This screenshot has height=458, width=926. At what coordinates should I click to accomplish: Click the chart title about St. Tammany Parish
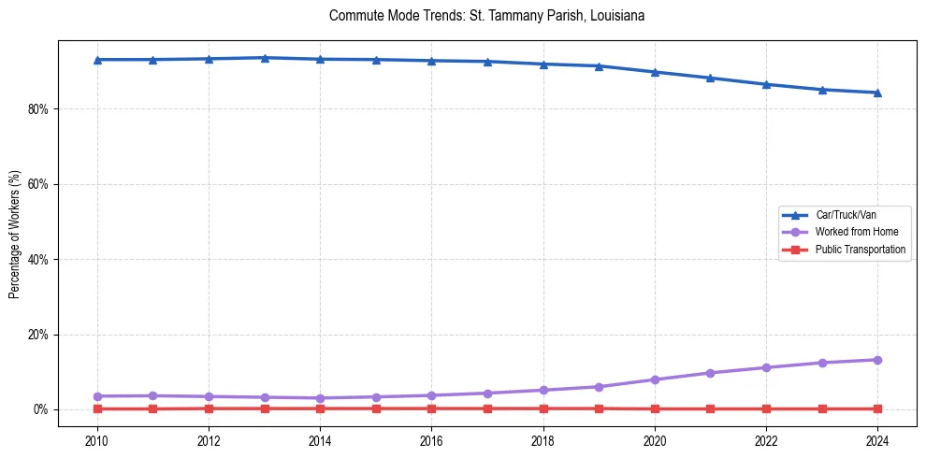(486, 16)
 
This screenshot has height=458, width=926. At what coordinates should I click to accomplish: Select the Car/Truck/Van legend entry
(846, 215)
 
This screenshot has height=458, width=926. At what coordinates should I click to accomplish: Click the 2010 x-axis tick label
(97, 440)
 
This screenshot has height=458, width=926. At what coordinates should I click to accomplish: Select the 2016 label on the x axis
(431, 440)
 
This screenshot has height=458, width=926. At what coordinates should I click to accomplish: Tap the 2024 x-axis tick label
(877, 440)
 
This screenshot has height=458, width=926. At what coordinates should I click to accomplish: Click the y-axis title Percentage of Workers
(15, 234)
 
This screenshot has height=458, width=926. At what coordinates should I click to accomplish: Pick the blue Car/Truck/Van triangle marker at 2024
(877, 93)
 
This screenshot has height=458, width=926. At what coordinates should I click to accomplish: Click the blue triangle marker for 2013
(265, 58)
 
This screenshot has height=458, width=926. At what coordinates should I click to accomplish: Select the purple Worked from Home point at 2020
(655, 379)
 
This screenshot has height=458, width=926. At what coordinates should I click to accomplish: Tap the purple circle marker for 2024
(877, 360)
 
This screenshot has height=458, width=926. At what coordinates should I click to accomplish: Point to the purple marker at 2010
(97, 396)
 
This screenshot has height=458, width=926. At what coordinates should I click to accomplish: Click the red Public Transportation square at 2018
(543, 408)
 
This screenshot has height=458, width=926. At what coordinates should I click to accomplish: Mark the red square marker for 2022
(766, 408)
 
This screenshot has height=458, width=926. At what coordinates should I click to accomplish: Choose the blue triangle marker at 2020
(655, 72)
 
